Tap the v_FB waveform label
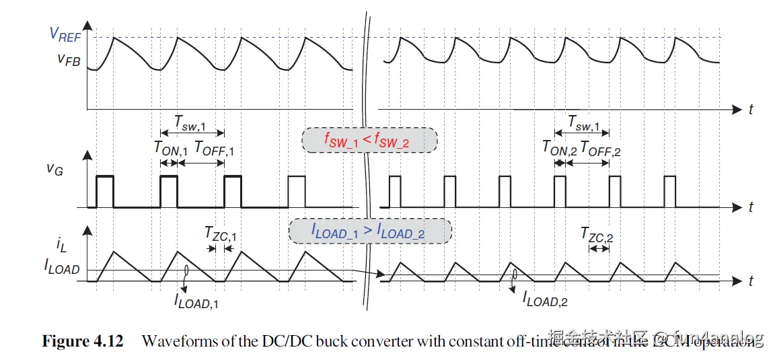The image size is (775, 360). (x=69, y=59)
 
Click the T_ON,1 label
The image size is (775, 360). (x=170, y=149)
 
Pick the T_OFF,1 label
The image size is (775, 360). (x=214, y=149)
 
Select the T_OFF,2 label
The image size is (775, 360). (x=600, y=149)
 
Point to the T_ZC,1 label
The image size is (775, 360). (x=221, y=234)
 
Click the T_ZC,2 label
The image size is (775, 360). (x=597, y=234)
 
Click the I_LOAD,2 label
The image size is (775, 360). (x=545, y=300)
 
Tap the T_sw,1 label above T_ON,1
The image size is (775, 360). (x=191, y=122)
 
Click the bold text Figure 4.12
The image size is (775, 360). (x=83, y=341)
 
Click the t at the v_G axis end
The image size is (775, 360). (x=751, y=207)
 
